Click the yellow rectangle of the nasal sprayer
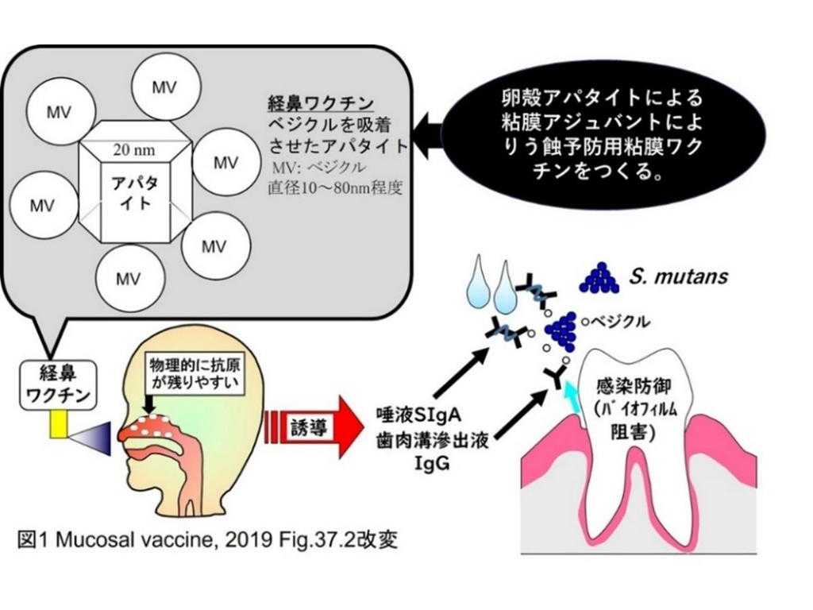coord(59,427)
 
